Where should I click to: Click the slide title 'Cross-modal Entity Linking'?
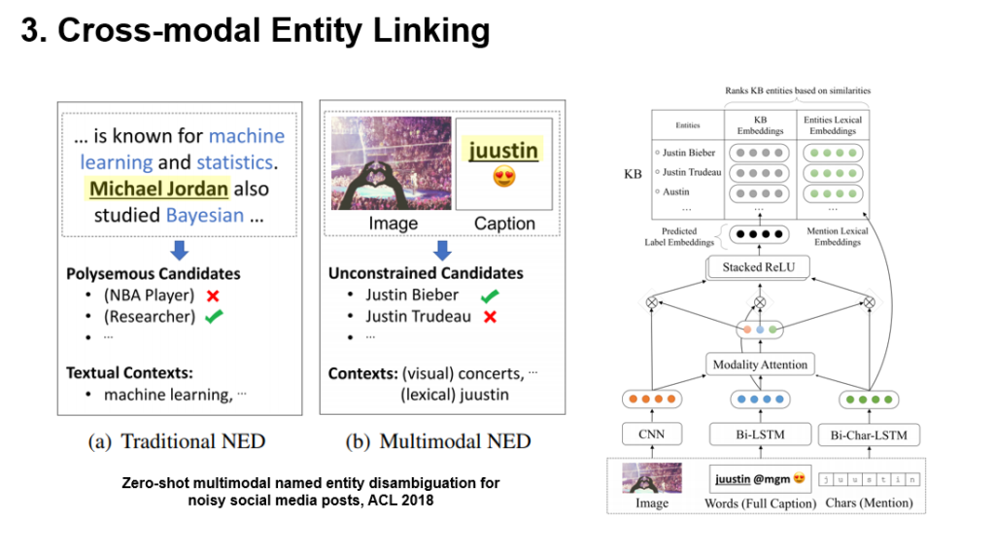coord(256,31)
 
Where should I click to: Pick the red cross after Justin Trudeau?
coord(491,316)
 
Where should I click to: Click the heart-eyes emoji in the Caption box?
coord(503,178)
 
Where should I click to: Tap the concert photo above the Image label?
coord(392,163)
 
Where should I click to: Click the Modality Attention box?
coord(760,365)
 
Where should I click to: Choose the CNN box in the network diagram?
coord(652,434)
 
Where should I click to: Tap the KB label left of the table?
coord(633,175)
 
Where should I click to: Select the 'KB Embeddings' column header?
coord(761,125)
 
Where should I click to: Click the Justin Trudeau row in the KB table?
coord(692,172)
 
